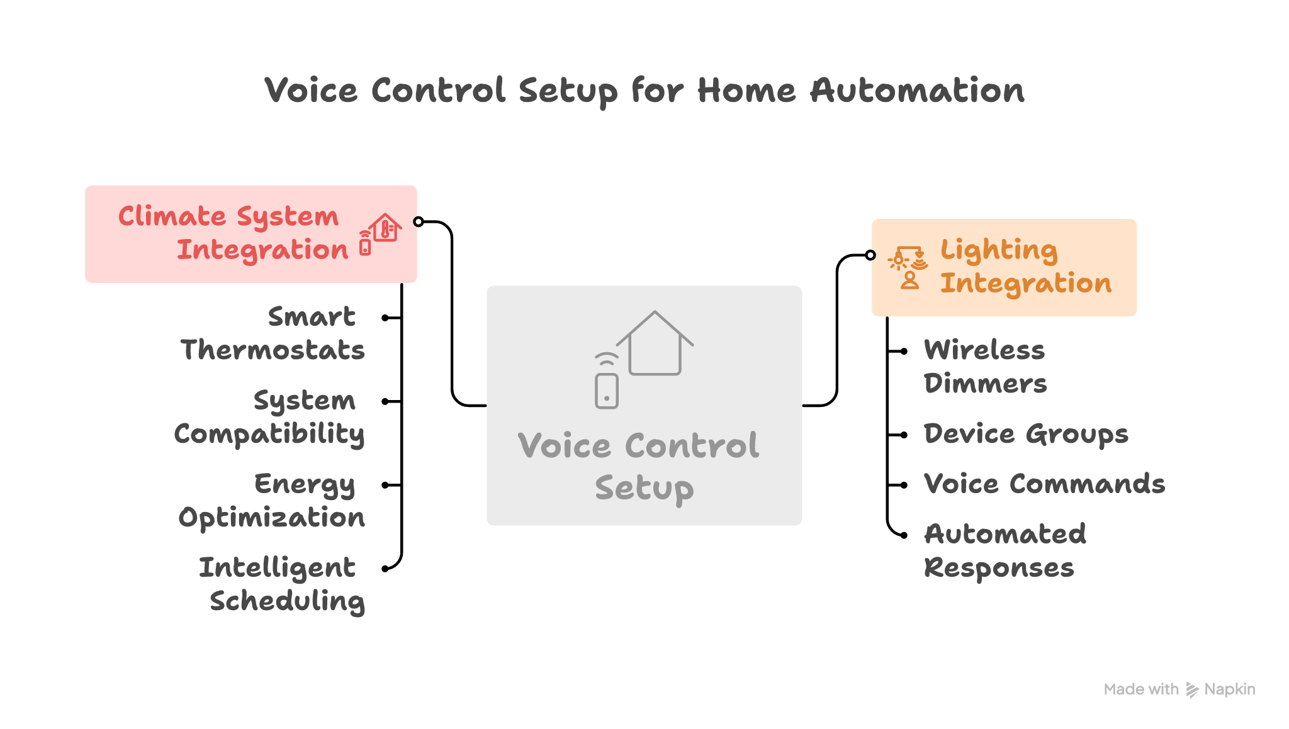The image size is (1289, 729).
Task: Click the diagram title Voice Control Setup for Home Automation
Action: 644,91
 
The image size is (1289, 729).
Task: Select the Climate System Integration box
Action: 250,234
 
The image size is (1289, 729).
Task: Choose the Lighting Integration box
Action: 1004,267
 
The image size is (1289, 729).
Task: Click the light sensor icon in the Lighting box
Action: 908,266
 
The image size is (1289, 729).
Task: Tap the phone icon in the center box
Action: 607,390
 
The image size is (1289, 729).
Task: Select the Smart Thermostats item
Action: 273,333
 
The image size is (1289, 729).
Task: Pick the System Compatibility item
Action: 269,417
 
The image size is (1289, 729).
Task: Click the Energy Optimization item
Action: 272,501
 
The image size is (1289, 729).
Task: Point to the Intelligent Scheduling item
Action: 281,584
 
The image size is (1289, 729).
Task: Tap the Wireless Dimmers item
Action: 985,367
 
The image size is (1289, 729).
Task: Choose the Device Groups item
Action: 1026,434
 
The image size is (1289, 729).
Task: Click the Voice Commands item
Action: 1044,484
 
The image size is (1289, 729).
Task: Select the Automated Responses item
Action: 1005,551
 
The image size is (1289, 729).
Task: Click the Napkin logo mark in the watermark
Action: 1192,690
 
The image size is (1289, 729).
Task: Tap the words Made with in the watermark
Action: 1141,689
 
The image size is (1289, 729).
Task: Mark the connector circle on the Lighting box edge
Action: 871,255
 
